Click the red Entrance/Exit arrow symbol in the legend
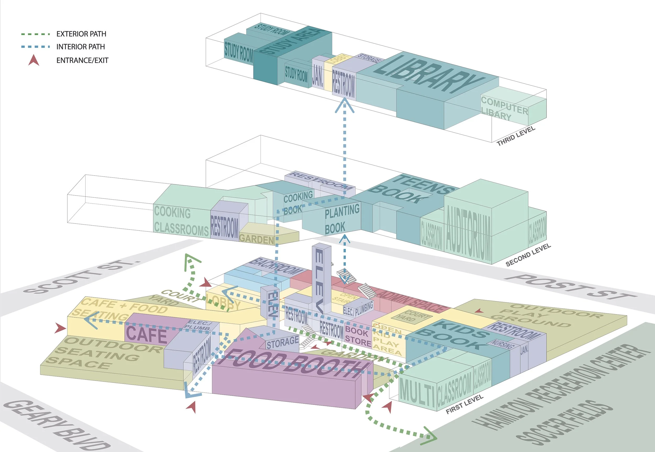(34, 60)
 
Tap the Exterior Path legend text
(81, 34)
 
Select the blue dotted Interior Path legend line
(35, 47)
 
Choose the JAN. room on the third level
(318, 76)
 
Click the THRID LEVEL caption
(516, 136)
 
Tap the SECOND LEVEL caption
(528, 255)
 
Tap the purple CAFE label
(147, 334)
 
